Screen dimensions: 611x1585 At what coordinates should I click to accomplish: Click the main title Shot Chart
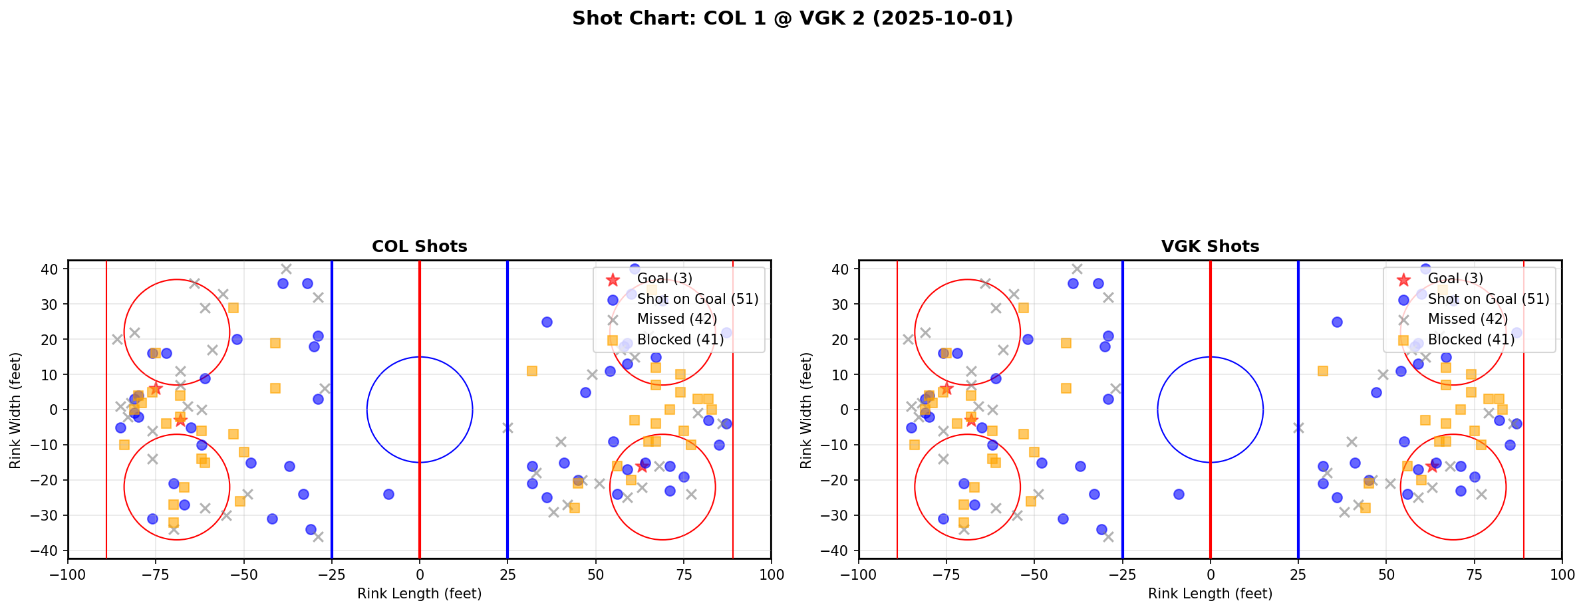[x=792, y=19]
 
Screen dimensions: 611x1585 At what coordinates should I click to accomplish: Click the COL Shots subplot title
[x=419, y=247]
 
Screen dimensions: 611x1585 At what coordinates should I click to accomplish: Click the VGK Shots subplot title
[x=1210, y=247]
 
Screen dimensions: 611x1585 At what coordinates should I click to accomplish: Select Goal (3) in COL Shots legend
[x=664, y=279]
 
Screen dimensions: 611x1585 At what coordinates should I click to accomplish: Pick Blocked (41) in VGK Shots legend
[x=1471, y=340]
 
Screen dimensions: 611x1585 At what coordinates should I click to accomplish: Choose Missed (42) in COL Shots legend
[x=676, y=319]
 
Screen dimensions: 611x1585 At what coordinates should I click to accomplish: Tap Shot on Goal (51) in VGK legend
[x=1488, y=299]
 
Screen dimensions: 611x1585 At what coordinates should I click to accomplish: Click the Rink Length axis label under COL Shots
[x=419, y=594]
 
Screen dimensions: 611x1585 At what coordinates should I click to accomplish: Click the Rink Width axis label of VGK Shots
[x=806, y=410]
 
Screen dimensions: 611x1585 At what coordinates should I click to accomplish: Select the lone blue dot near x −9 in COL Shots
[x=388, y=494]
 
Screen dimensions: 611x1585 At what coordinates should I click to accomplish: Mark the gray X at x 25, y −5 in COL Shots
[x=507, y=428]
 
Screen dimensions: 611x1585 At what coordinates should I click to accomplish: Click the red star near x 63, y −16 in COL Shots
[x=641, y=466]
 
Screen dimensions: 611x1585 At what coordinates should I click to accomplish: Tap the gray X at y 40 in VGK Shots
[x=1077, y=269]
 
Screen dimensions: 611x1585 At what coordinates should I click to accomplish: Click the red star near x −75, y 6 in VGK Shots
[x=946, y=388]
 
